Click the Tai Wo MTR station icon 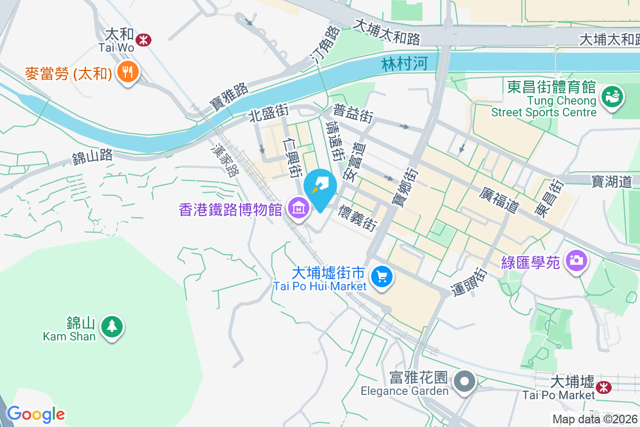pyautogui.click(x=143, y=39)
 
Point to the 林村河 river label pyautogui.click(x=405, y=64)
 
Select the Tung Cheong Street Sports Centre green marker pyautogui.click(x=611, y=97)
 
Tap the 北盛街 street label pyautogui.click(x=269, y=111)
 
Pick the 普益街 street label pyautogui.click(x=353, y=114)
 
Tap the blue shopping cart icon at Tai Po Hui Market pyautogui.click(x=382, y=276)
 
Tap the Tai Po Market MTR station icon pyautogui.click(x=604, y=386)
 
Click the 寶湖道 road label pyautogui.click(x=612, y=181)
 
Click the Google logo pyautogui.click(x=36, y=414)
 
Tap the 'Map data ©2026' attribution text pyautogui.click(x=594, y=420)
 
